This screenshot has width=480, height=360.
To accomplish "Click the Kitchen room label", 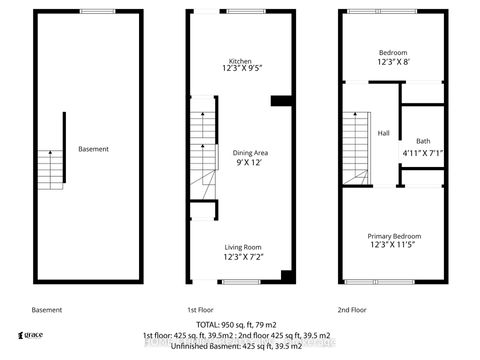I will pyautogui.click(x=240, y=60).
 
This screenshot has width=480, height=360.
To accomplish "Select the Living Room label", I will pyautogui.click(x=242, y=247).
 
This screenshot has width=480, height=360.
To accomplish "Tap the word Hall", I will pyautogui.click(x=383, y=132).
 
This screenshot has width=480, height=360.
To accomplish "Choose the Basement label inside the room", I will pyautogui.click(x=93, y=149).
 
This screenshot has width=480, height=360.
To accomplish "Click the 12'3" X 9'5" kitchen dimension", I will pyautogui.click(x=240, y=70).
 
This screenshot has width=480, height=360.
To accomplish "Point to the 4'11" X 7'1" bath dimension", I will pyautogui.click(x=420, y=152).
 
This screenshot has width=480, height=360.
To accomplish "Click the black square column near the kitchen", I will pyautogui.click(x=281, y=100).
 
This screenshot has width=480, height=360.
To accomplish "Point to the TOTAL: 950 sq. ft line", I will pyautogui.click(x=240, y=326).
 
